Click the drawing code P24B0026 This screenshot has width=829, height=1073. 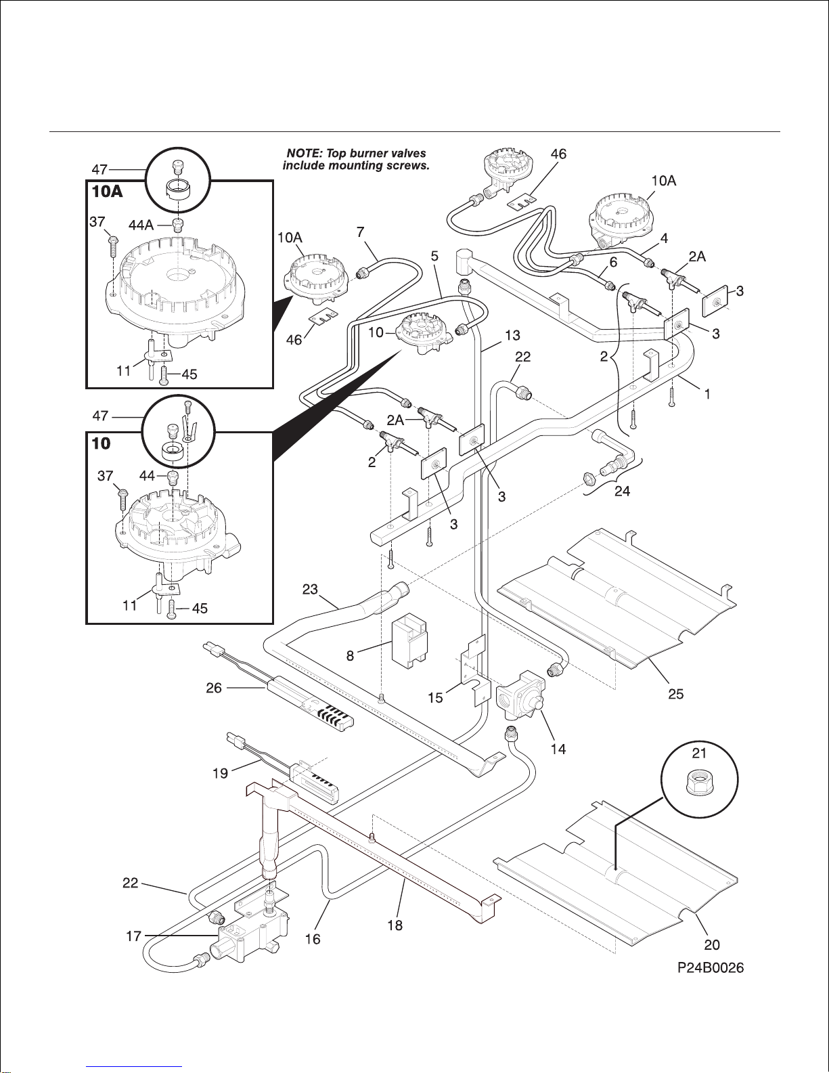pos(711,968)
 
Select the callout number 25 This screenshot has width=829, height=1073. pos(675,693)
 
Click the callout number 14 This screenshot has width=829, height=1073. pos(558,749)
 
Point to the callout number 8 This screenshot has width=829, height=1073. pos(350,655)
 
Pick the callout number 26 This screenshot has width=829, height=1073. pos(214,688)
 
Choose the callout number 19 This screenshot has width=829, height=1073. pos(221,772)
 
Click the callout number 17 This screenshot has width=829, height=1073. pos(134,936)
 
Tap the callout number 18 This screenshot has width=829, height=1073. pos(395,925)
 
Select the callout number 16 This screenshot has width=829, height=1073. pos(313,938)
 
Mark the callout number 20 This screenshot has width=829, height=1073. pos(712,944)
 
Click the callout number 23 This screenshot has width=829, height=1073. pos(310,589)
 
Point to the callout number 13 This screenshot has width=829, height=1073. pos(512,334)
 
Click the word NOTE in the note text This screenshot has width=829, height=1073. pos(302,154)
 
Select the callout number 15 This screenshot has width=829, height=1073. pos(435,697)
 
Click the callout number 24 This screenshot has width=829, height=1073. pos(622,491)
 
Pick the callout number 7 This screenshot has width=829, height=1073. pos(361,232)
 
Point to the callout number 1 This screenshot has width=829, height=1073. pos(707,393)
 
